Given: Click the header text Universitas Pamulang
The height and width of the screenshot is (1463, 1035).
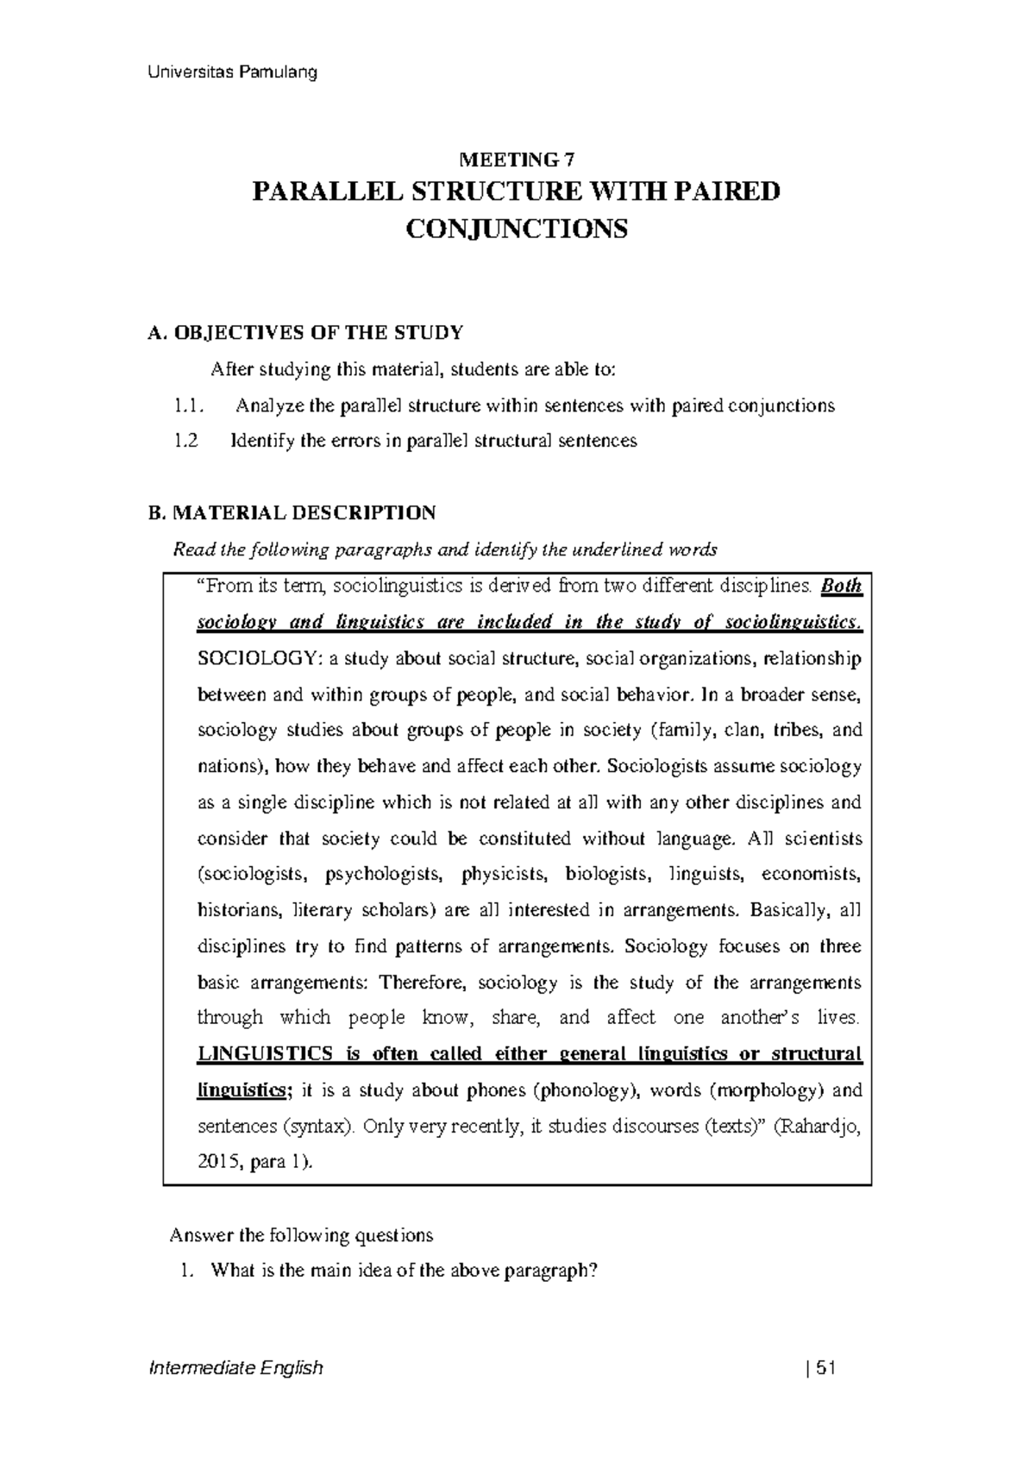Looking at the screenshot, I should (230, 72).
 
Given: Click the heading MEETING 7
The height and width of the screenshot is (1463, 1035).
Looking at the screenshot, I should (517, 160).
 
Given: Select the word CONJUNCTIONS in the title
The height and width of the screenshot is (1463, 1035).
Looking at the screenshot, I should (517, 229).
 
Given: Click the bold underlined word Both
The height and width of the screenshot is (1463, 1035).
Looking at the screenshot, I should (841, 587).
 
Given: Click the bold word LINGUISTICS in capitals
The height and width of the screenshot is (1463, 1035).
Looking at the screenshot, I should (253, 1054).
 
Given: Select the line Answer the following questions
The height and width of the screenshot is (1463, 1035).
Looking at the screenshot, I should (301, 1235).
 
